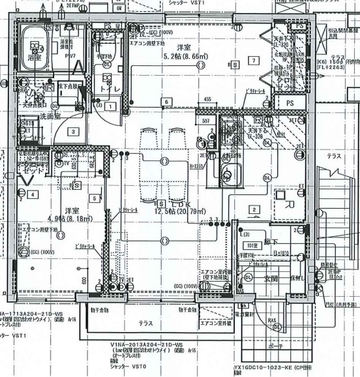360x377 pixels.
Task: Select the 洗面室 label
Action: [x=31, y=117]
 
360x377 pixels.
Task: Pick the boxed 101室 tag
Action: [x=252, y=245]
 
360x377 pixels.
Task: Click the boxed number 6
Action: [x=167, y=102]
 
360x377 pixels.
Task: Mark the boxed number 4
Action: [x=33, y=194]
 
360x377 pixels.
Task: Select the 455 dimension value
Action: [x=207, y=99]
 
